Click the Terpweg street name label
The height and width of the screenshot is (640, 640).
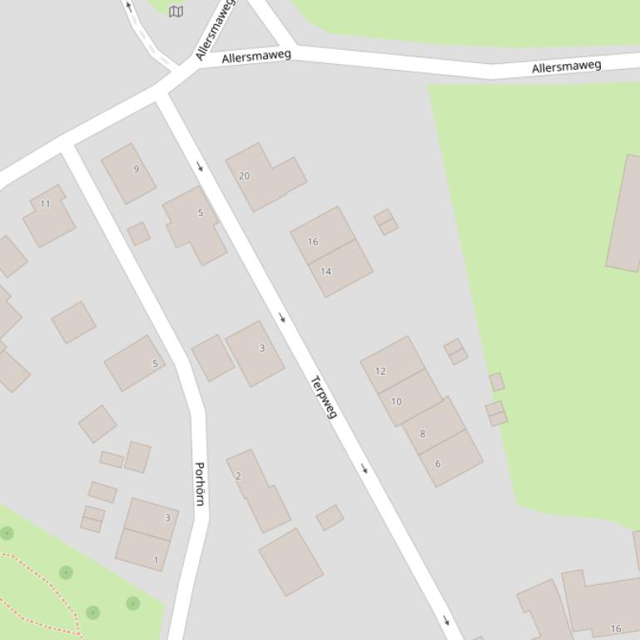click(323, 397)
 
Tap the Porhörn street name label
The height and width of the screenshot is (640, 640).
click(199, 483)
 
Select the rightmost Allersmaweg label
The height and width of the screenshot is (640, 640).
click(566, 66)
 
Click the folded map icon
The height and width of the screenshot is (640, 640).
click(176, 11)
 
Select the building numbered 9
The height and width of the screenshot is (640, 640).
click(129, 172)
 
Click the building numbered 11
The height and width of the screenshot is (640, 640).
click(48, 214)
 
